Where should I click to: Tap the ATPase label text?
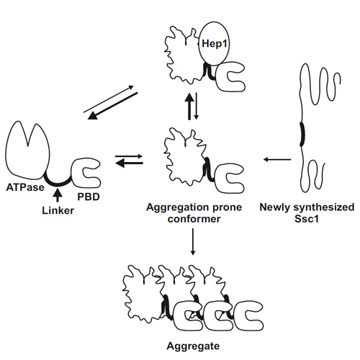[x=25, y=187]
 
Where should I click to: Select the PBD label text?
[x=89, y=197]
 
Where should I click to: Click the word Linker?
[x=58, y=210]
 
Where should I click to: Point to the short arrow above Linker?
[x=57, y=195]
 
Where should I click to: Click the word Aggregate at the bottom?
[x=193, y=346]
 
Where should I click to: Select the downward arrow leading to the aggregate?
[x=193, y=241]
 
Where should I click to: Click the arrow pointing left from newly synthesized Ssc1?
[x=277, y=159]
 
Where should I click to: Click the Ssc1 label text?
[x=307, y=219]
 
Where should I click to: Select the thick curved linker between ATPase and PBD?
[x=58, y=183]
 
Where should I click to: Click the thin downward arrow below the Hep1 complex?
[x=197, y=106]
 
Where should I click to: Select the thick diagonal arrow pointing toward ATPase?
[x=113, y=106]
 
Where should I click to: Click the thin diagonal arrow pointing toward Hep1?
[x=109, y=99]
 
